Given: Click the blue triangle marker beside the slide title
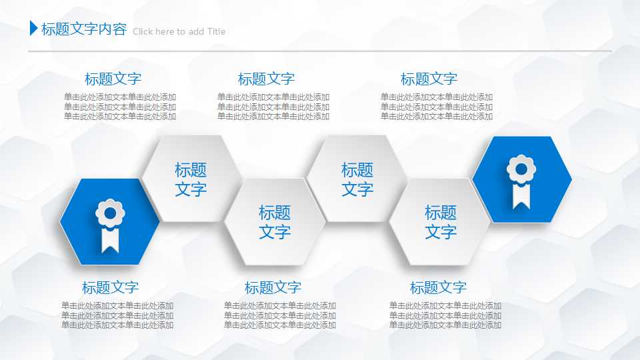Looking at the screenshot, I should point(33,29).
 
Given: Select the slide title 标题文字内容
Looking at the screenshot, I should point(83,29).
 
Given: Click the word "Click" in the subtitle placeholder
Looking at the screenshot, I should point(143,31).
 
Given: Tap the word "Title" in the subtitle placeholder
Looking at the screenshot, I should point(216,31).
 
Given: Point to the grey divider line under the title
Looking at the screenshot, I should point(320,51).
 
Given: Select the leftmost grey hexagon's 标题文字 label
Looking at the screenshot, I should point(191,179).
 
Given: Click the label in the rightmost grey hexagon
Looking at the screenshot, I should point(441,222).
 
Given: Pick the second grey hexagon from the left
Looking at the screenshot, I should point(275,222).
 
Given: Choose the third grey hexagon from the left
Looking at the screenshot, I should point(357,179).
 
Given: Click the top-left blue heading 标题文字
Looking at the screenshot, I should point(113,79).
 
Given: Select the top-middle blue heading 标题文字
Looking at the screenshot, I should point(266,79).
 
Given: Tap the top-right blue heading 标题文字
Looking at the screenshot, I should point(429,79).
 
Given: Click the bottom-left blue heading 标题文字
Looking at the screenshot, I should point(110,288).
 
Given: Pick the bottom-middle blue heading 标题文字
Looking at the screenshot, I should point(273,288).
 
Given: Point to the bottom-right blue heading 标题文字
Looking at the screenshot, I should point(438,288).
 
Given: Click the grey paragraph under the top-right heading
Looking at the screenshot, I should point(437,107).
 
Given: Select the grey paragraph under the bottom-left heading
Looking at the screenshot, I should point(117,315).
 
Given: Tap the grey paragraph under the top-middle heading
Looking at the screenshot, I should point(273,107).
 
